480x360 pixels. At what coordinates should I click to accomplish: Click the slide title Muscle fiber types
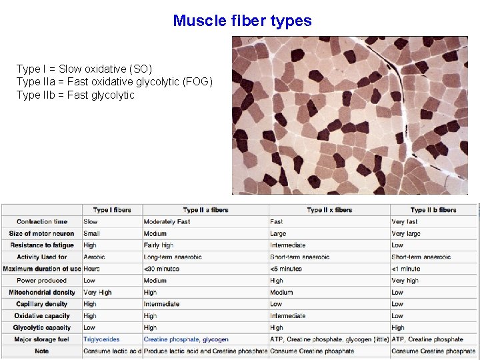[x=242, y=21]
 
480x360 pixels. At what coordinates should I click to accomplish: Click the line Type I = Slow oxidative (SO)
[x=84, y=69]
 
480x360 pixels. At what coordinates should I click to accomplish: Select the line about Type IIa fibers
[x=114, y=82]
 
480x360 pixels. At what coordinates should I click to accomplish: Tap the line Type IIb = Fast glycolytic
[x=75, y=95]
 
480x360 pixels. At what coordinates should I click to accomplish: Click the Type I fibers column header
[x=112, y=210]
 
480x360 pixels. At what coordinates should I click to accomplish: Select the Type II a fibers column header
[x=205, y=210]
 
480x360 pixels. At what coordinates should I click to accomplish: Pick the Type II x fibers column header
[x=329, y=210]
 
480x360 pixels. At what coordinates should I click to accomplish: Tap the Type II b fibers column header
[x=433, y=210]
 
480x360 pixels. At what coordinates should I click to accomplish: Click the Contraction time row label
[x=42, y=222]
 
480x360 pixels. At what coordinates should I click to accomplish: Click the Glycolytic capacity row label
[x=41, y=327]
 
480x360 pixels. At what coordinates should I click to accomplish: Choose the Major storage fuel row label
[x=41, y=339]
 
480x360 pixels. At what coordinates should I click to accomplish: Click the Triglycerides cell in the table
[x=101, y=339]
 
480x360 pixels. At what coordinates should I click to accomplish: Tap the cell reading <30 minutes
[x=163, y=269]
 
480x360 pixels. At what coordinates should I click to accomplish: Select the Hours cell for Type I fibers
[x=92, y=269]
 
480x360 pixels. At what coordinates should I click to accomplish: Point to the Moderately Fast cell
[x=167, y=222]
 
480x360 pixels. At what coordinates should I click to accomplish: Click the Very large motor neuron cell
[x=406, y=234]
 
